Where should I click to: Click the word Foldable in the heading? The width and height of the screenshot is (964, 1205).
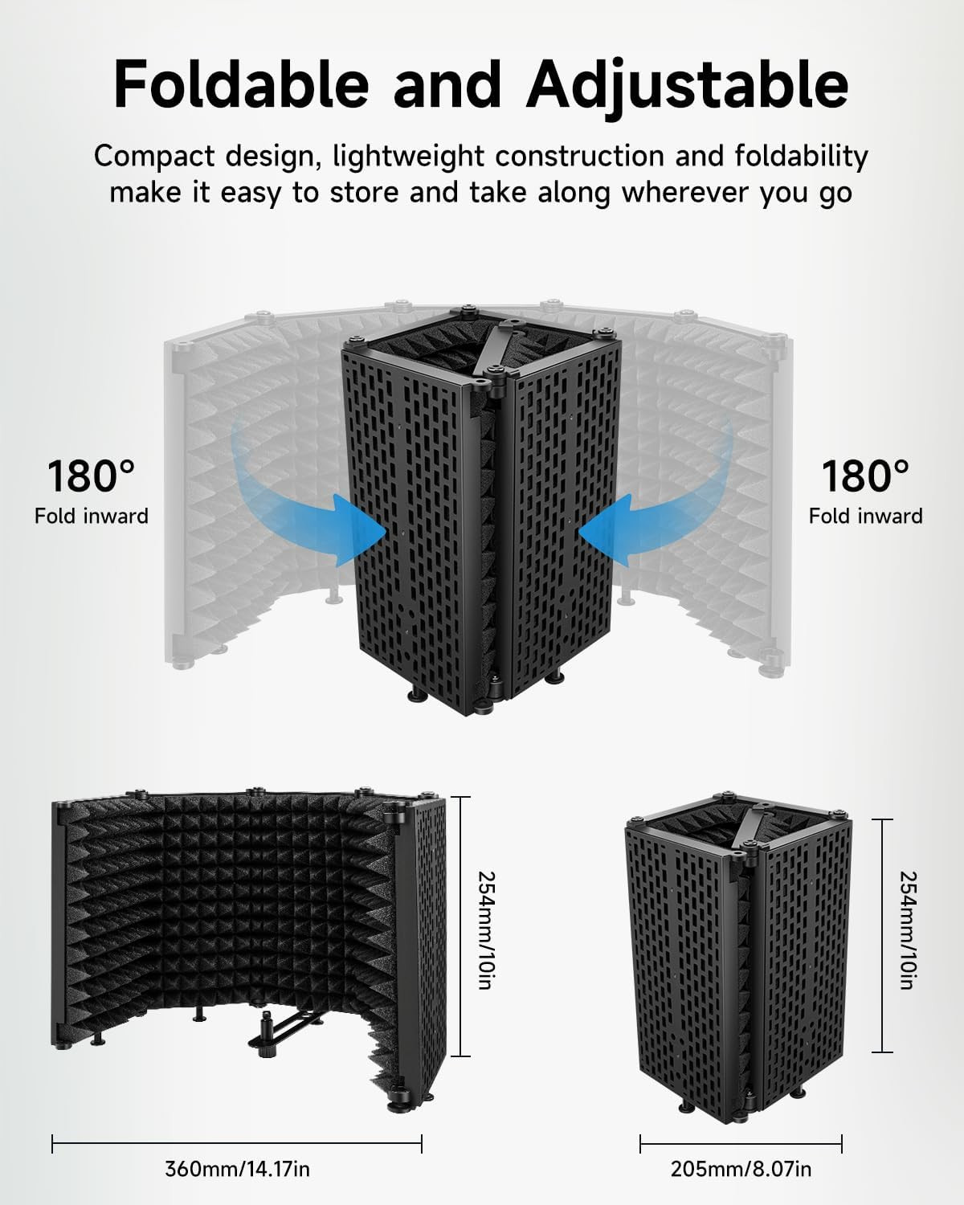click(242, 84)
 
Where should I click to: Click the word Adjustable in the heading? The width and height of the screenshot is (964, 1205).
click(687, 88)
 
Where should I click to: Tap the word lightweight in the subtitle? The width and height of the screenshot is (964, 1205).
click(408, 157)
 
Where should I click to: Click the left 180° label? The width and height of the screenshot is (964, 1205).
click(92, 476)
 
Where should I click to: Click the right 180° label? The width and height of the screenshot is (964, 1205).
click(865, 476)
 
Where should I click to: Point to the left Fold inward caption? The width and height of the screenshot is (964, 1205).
click(92, 516)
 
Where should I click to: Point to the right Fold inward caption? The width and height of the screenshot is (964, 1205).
click(865, 516)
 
